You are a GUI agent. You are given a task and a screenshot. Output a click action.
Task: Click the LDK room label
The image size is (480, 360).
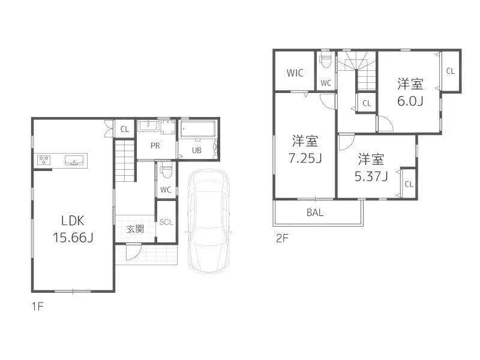click(x=72, y=220)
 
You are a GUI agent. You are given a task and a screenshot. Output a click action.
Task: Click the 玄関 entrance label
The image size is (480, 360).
click(x=135, y=229)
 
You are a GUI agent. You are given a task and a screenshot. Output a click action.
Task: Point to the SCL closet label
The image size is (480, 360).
click(x=166, y=221)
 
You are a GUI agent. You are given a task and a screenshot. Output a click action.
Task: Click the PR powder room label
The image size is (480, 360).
click(x=155, y=146)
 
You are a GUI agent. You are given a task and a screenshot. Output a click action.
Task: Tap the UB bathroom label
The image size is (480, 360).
click(x=197, y=151)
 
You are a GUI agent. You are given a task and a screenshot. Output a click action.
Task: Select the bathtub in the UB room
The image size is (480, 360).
click(x=197, y=129)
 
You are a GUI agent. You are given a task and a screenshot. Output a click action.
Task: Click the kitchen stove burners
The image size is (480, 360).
click(x=44, y=160)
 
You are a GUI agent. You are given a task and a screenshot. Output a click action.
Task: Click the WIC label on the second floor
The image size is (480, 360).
click(x=295, y=73)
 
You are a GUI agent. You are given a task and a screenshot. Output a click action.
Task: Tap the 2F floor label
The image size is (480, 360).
click(x=282, y=238)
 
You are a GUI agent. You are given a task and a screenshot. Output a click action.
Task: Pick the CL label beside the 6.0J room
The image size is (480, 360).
click(x=450, y=71)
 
